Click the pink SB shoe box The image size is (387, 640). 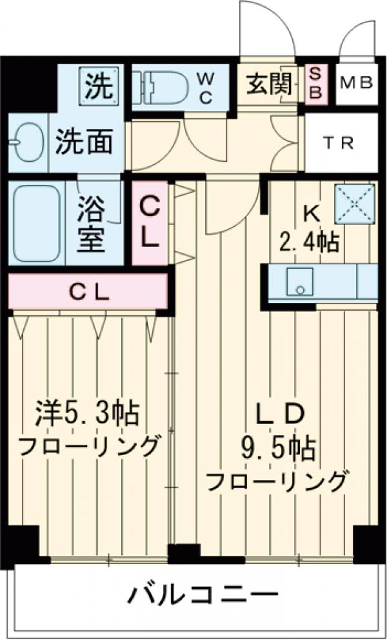tap(315, 83)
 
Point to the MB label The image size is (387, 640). tap(356, 83)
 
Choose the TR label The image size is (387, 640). tap(338, 143)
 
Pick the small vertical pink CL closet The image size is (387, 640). tap(150, 223)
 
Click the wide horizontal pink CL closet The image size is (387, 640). tap(88, 292)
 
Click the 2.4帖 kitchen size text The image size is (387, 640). tap(309, 244)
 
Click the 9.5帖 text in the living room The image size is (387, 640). tap(279, 447)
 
